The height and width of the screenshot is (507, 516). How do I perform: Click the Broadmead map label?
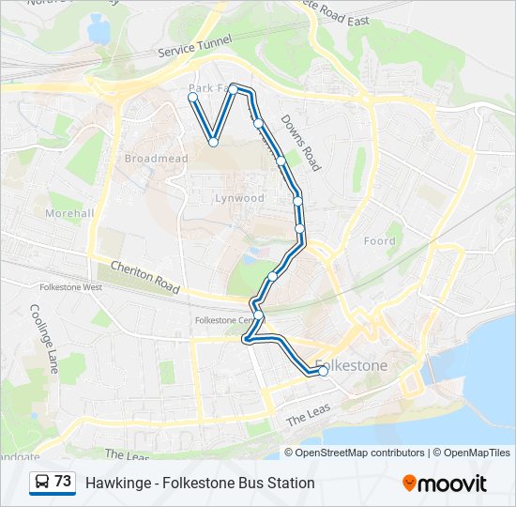point(149,159)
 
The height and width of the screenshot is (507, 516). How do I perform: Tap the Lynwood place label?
point(240,198)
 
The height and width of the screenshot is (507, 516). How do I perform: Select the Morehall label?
point(70,213)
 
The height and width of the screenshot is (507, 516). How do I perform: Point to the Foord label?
point(380,241)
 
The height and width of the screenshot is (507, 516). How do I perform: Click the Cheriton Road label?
point(144,276)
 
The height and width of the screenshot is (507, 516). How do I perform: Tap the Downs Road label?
point(300,147)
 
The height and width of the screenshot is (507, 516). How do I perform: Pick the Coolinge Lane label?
point(44,339)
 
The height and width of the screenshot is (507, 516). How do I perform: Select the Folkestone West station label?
point(71,287)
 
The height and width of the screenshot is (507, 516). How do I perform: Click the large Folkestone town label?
point(352,364)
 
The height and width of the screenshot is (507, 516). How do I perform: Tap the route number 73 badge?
point(63,482)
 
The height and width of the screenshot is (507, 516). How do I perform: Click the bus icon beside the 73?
point(42,482)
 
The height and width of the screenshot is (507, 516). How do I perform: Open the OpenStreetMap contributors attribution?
point(360,453)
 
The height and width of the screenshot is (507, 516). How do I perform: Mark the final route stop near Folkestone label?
point(323,371)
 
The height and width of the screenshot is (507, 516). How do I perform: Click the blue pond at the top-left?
point(98,29)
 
